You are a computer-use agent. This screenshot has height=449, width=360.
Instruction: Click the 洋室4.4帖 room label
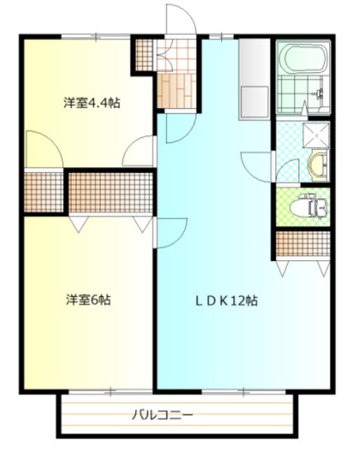pos(91,103)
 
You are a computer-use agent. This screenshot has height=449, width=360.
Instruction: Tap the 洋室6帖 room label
pos(88,300)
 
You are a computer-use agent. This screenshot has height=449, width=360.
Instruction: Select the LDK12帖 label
pos(226,301)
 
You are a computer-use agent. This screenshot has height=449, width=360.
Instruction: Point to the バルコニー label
pos(163,415)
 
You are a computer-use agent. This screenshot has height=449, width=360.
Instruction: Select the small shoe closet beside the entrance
pos(144,55)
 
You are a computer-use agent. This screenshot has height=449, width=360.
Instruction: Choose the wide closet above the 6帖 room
pos(110,192)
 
